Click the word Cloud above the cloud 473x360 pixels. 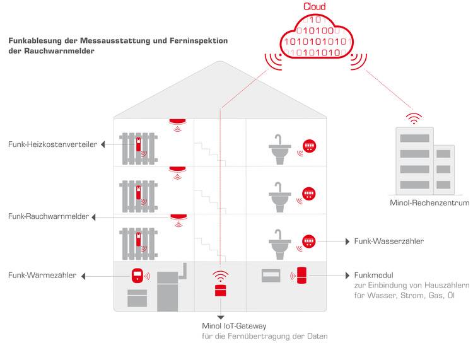pos(315,7)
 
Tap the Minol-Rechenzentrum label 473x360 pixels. pos(429,203)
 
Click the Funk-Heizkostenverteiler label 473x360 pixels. pos(52,144)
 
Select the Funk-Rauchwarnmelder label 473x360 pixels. pos(49,217)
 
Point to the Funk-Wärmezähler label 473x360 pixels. pos(42,276)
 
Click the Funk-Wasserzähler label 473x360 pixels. pos(388,241)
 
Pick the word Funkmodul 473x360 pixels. pos(374,276)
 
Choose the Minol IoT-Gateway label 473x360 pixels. pos(234,326)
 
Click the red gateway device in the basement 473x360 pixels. pos(220,290)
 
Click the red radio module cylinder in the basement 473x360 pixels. pos(302,275)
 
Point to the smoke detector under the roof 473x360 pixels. pos(178,121)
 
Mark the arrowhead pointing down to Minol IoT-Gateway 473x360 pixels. pos(220,316)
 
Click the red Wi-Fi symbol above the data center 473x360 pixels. pos(414,118)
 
